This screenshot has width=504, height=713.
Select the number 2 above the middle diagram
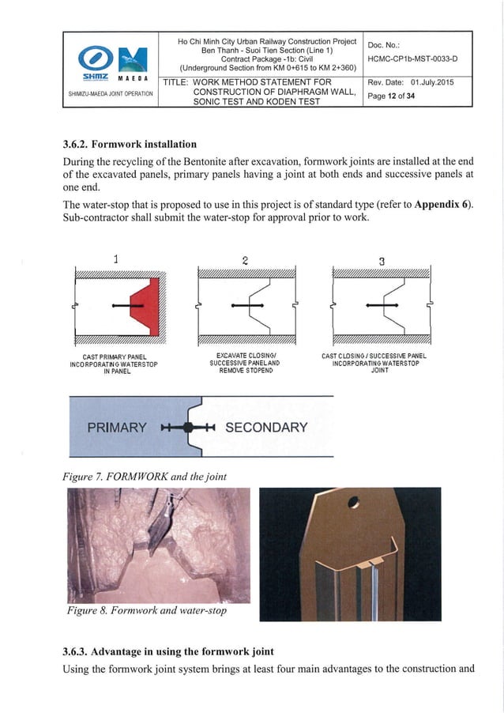(x=245, y=260)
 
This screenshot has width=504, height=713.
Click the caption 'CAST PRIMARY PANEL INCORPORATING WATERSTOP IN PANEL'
(x=112, y=364)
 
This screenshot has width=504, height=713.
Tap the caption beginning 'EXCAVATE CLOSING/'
(x=246, y=363)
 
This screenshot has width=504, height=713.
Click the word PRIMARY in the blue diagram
(x=116, y=428)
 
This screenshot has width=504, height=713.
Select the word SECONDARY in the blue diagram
(x=266, y=428)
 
